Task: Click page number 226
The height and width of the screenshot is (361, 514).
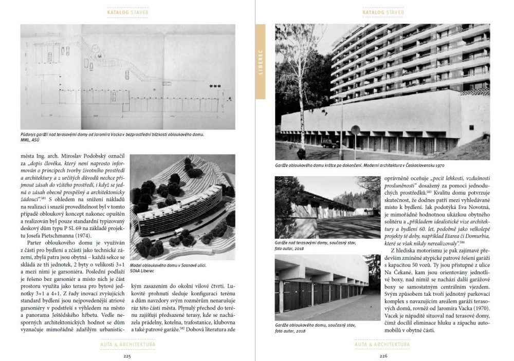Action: [x=383, y=354]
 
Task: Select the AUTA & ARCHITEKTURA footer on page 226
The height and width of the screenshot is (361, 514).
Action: [x=383, y=344]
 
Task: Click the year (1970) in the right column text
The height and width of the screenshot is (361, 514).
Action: [x=479, y=308]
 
